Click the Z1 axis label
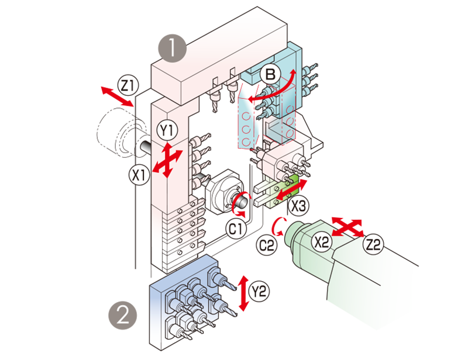[x=127, y=85]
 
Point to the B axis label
[x=270, y=74]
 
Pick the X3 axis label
[x=299, y=206]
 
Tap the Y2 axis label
[x=257, y=290]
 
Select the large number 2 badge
[x=122, y=316]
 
